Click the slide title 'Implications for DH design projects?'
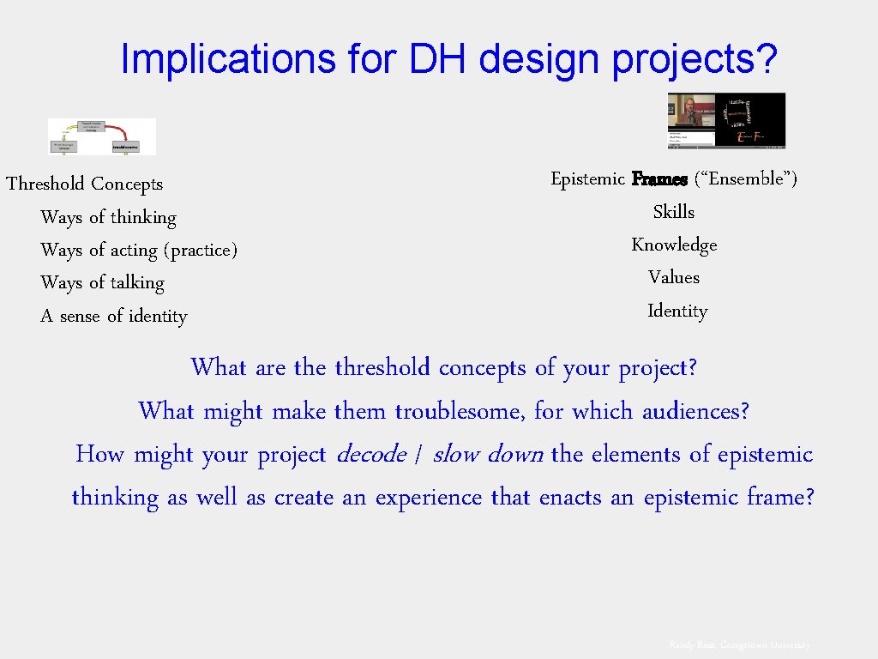click(449, 58)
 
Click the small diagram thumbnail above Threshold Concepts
click(102, 136)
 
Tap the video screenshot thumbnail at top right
click(726, 119)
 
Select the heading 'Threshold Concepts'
click(84, 184)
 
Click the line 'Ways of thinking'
click(108, 217)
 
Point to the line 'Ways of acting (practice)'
click(138, 250)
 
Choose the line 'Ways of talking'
click(102, 282)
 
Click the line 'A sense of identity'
click(113, 316)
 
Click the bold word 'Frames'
click(659, 179)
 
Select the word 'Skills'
click(674, 212)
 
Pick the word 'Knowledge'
click(674, 245)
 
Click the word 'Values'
click(674, 277)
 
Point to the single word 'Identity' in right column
click(677, 311)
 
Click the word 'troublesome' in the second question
click(459, 411)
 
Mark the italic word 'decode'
click(371, 454)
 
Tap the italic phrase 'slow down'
click(487, 454)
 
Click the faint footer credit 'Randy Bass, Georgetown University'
click(739, 644)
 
